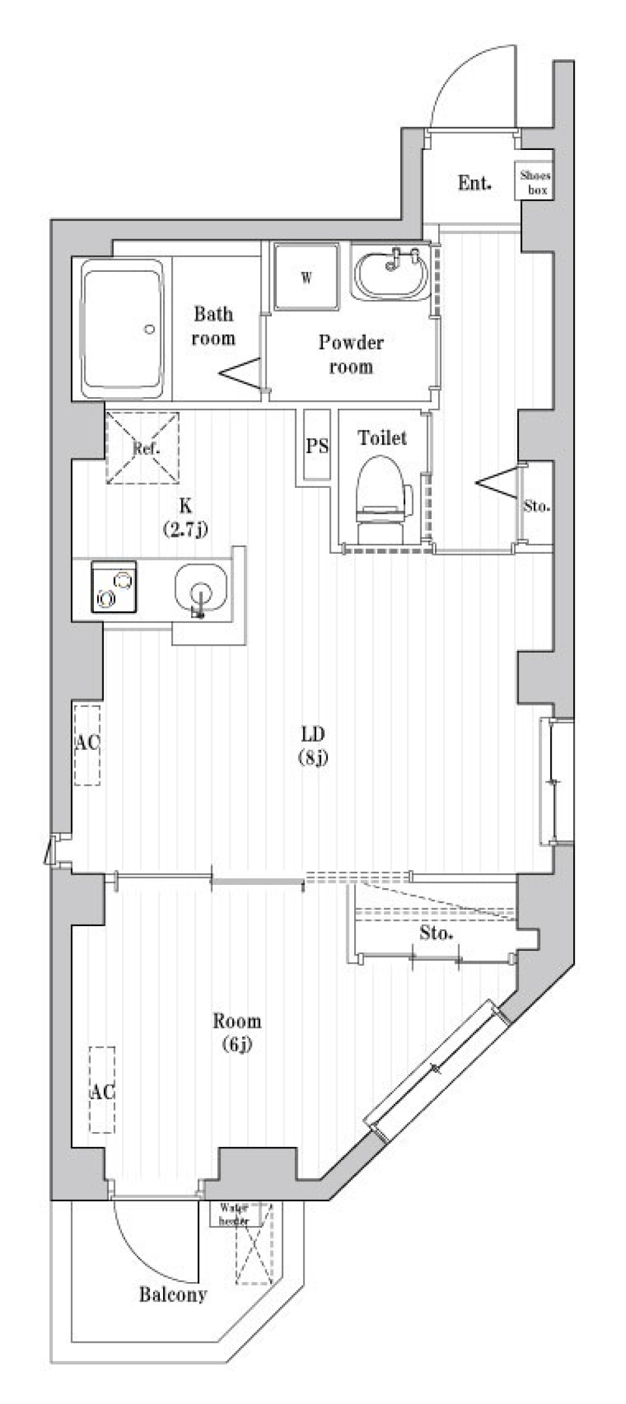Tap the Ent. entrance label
tap(474, 183)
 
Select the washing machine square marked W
tap(306, 277)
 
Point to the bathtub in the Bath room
tap(121, 329)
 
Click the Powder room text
tap(351, 354)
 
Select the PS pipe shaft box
tap(317, 445)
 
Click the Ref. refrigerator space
tap(143, 447)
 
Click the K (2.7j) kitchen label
tap(185, 516)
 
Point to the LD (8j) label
tap(313, 745)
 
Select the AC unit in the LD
tap(87, 744)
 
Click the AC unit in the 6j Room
tap(102, 1090)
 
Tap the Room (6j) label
tap(237, 1031)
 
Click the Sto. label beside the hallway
tap(537, 506)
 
